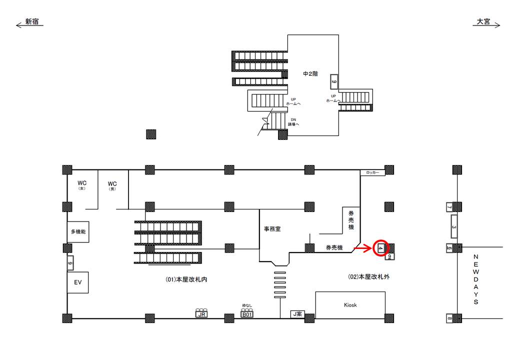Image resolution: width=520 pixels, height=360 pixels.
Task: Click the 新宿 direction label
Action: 32,22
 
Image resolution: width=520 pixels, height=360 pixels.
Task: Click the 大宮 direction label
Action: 483,22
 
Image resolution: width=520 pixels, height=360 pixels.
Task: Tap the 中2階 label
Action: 310,74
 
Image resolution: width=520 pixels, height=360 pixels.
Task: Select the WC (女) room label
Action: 82,185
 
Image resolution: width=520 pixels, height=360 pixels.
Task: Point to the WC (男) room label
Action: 112,185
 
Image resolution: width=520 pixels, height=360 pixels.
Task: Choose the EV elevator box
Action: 77,282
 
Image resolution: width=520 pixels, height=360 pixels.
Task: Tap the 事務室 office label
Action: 272,229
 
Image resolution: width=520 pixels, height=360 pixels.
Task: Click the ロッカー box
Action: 372,173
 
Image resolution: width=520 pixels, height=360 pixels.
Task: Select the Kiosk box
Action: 350,304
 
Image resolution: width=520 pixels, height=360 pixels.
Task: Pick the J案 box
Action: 297,314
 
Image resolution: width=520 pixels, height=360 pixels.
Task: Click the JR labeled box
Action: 201,314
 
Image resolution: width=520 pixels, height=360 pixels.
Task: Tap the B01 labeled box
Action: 247,314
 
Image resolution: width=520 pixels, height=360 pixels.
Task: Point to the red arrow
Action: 362,247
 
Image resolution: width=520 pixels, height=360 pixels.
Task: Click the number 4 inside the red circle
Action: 381,247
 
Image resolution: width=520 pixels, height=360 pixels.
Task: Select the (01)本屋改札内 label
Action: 186,280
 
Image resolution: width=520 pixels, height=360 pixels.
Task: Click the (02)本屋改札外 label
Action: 368,276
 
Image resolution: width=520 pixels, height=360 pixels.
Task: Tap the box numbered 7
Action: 449,207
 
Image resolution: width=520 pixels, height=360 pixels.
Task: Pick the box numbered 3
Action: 454,227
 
